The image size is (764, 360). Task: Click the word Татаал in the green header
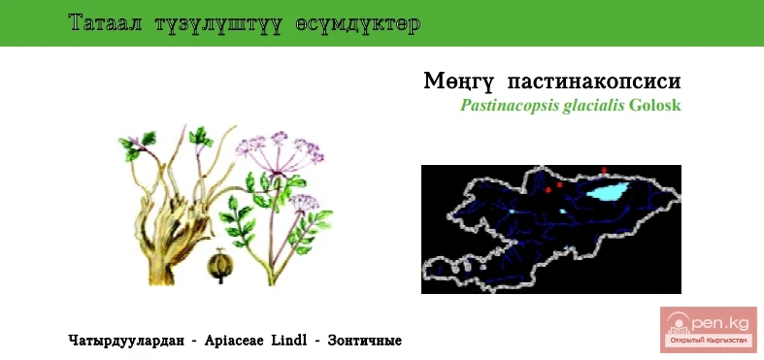(x=105, y=23)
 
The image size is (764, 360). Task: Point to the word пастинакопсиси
(x=594, y=82)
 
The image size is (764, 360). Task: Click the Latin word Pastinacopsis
(x=509, y=106)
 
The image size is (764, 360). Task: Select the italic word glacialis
(x=593, y=106)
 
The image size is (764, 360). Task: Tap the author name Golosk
(x=655, y=106)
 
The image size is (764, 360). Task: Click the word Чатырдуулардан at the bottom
(x=126, y=341)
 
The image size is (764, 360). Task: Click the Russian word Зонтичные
(x=365, y=341)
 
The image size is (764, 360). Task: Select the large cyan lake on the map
(x=608, y=191)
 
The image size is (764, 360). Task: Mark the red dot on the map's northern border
(x=604, y=170)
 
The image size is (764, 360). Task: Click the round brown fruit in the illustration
(x=220, y=266)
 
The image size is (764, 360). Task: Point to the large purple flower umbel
(x=280, y=151)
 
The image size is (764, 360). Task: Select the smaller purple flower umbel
(x=305, y=202)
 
